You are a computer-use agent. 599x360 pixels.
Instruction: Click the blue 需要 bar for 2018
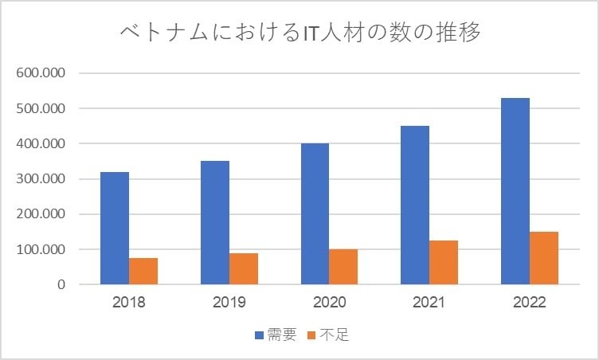pyautogui.click(x=115, y=228)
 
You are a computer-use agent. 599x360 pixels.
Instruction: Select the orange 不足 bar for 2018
pyautogui.click(x=143, y=271)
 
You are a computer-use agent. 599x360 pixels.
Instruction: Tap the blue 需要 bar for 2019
pyautogui.click(x=214, y=222)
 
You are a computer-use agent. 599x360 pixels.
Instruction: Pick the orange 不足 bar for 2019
pyautogui.click(x=244, y=268)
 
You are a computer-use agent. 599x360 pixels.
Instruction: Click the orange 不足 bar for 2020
pyautogui.click(x=343, y=267)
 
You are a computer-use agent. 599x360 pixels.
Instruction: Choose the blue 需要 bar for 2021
pyautogui.click(x=415, y=205)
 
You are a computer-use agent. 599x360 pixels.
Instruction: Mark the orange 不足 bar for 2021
pyautogui.click(x=444, y=262)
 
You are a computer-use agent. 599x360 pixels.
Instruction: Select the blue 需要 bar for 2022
pyautogui.click(x=515, y=191)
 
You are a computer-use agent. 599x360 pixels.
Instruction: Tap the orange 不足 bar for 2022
pyautogui.click(x=544, y=258)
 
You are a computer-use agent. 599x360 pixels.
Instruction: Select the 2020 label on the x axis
pyautogui.click(x=329, y=303)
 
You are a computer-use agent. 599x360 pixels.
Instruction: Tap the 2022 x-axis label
pyautogui.click(x=530, y=303)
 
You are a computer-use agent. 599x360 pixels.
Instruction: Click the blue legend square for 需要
pyautogui.click(x=260, y=335)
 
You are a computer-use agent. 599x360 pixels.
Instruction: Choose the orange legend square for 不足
pyautogui.click(x=314, y=335)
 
